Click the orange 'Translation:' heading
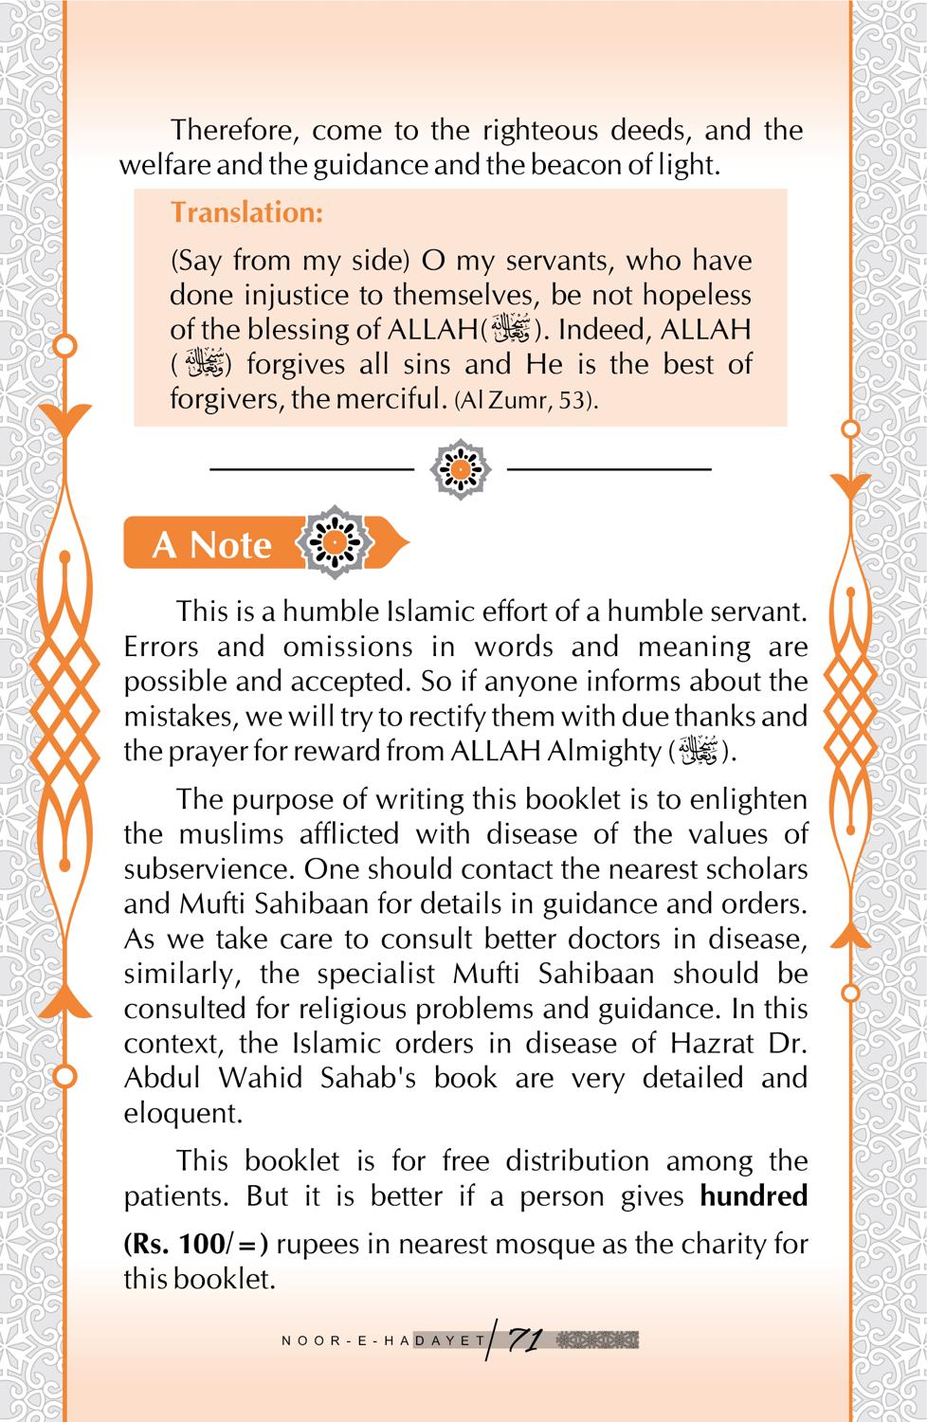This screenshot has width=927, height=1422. [x=246, y=212]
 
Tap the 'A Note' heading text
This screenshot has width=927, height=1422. [x=211, y=545]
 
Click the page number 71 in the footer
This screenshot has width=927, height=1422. [x=524, y=1340]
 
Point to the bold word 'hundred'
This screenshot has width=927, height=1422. [x=754, y=1195]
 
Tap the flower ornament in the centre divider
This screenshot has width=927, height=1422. [x=460, y=468]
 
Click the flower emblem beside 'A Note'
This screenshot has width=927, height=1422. [x=334, y=543]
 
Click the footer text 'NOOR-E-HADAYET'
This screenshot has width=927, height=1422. [x=384, y=1341]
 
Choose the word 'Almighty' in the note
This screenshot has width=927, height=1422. [x=604, y=751]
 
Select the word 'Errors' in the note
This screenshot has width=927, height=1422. [x=161, y=647]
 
